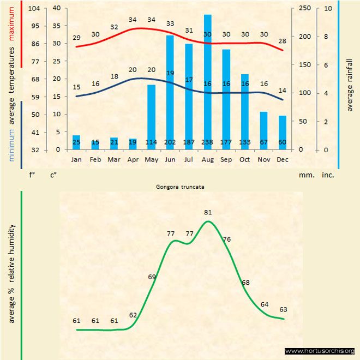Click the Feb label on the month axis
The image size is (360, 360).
[x=95, y=159]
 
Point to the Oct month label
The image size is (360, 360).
[x=245, y=159]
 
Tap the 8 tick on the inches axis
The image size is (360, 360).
[x=326, y=37]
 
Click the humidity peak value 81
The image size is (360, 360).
[x=207, y=212]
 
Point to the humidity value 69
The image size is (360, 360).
[x=152, y=277]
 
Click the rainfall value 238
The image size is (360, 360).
[x=207, y=142]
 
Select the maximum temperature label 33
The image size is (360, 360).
[x=170, y=24]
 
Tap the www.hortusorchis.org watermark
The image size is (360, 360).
[x=320, y=351]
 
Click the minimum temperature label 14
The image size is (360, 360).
[x=282, y=90]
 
